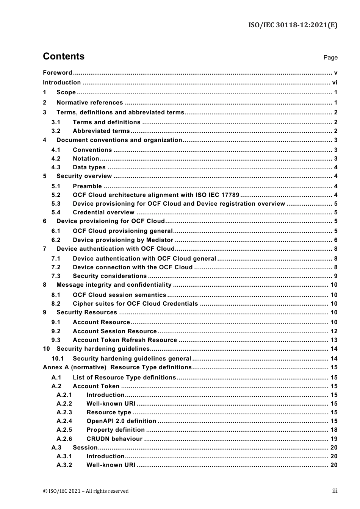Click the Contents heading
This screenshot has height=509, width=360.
pyautogui.click(x=64, y=56)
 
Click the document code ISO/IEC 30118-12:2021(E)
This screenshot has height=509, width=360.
pyautogui.click(x=293, y=25)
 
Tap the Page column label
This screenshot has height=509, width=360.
pyautogui.click(x=330, y=58)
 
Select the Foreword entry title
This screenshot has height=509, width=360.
pyautogui.click(x=57, y=73)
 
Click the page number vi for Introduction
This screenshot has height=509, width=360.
pyautogui.click(x=335, y=83)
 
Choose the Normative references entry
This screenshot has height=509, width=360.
pyautogui.click(x=90, y=103)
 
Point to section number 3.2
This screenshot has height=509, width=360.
pyautogui.click(x=56, y=131)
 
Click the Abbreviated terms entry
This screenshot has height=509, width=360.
pyautogui.click(x=101, y=131)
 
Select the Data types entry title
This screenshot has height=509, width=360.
pyautogui.click(x=89, y=167)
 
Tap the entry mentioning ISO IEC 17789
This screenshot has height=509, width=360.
pyautogui.click(x=156, y=195)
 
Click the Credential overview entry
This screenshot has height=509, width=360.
pyautogui.click(x=103, y=212)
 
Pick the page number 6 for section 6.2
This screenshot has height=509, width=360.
pyautogui.click(x=336, y=240)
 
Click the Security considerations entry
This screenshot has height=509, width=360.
pyautogui.click(x=110, y=276)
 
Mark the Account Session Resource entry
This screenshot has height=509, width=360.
pyautogui.click(x=114, y=331)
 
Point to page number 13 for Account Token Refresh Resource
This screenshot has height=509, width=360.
pyautogui.click(x=334, y=340)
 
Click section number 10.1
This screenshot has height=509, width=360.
pyautogui.click(x=58, y=359)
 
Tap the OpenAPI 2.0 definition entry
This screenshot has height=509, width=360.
pyautogui.click(x=121, y=421)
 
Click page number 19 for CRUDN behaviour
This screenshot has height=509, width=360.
pyautogui.click(x=334, y=439)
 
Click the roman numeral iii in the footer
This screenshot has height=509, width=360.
pyautogui.click(x=335, y=491)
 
